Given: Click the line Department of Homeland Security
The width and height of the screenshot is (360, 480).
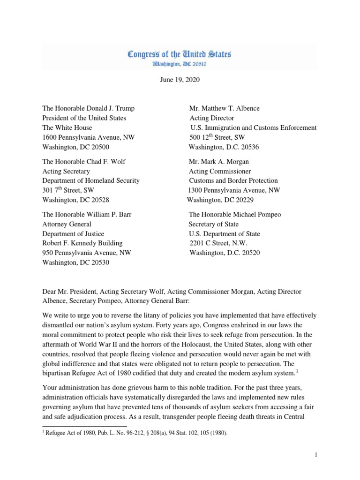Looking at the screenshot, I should (90, 180).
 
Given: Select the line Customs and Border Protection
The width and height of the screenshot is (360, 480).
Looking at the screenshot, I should (233, 180).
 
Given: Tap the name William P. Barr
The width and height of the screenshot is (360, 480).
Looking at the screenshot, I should (109, 215).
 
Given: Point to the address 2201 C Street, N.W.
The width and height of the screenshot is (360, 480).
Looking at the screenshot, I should (218, 243).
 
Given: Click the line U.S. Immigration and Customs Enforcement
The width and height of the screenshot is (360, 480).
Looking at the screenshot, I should (253, 127).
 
